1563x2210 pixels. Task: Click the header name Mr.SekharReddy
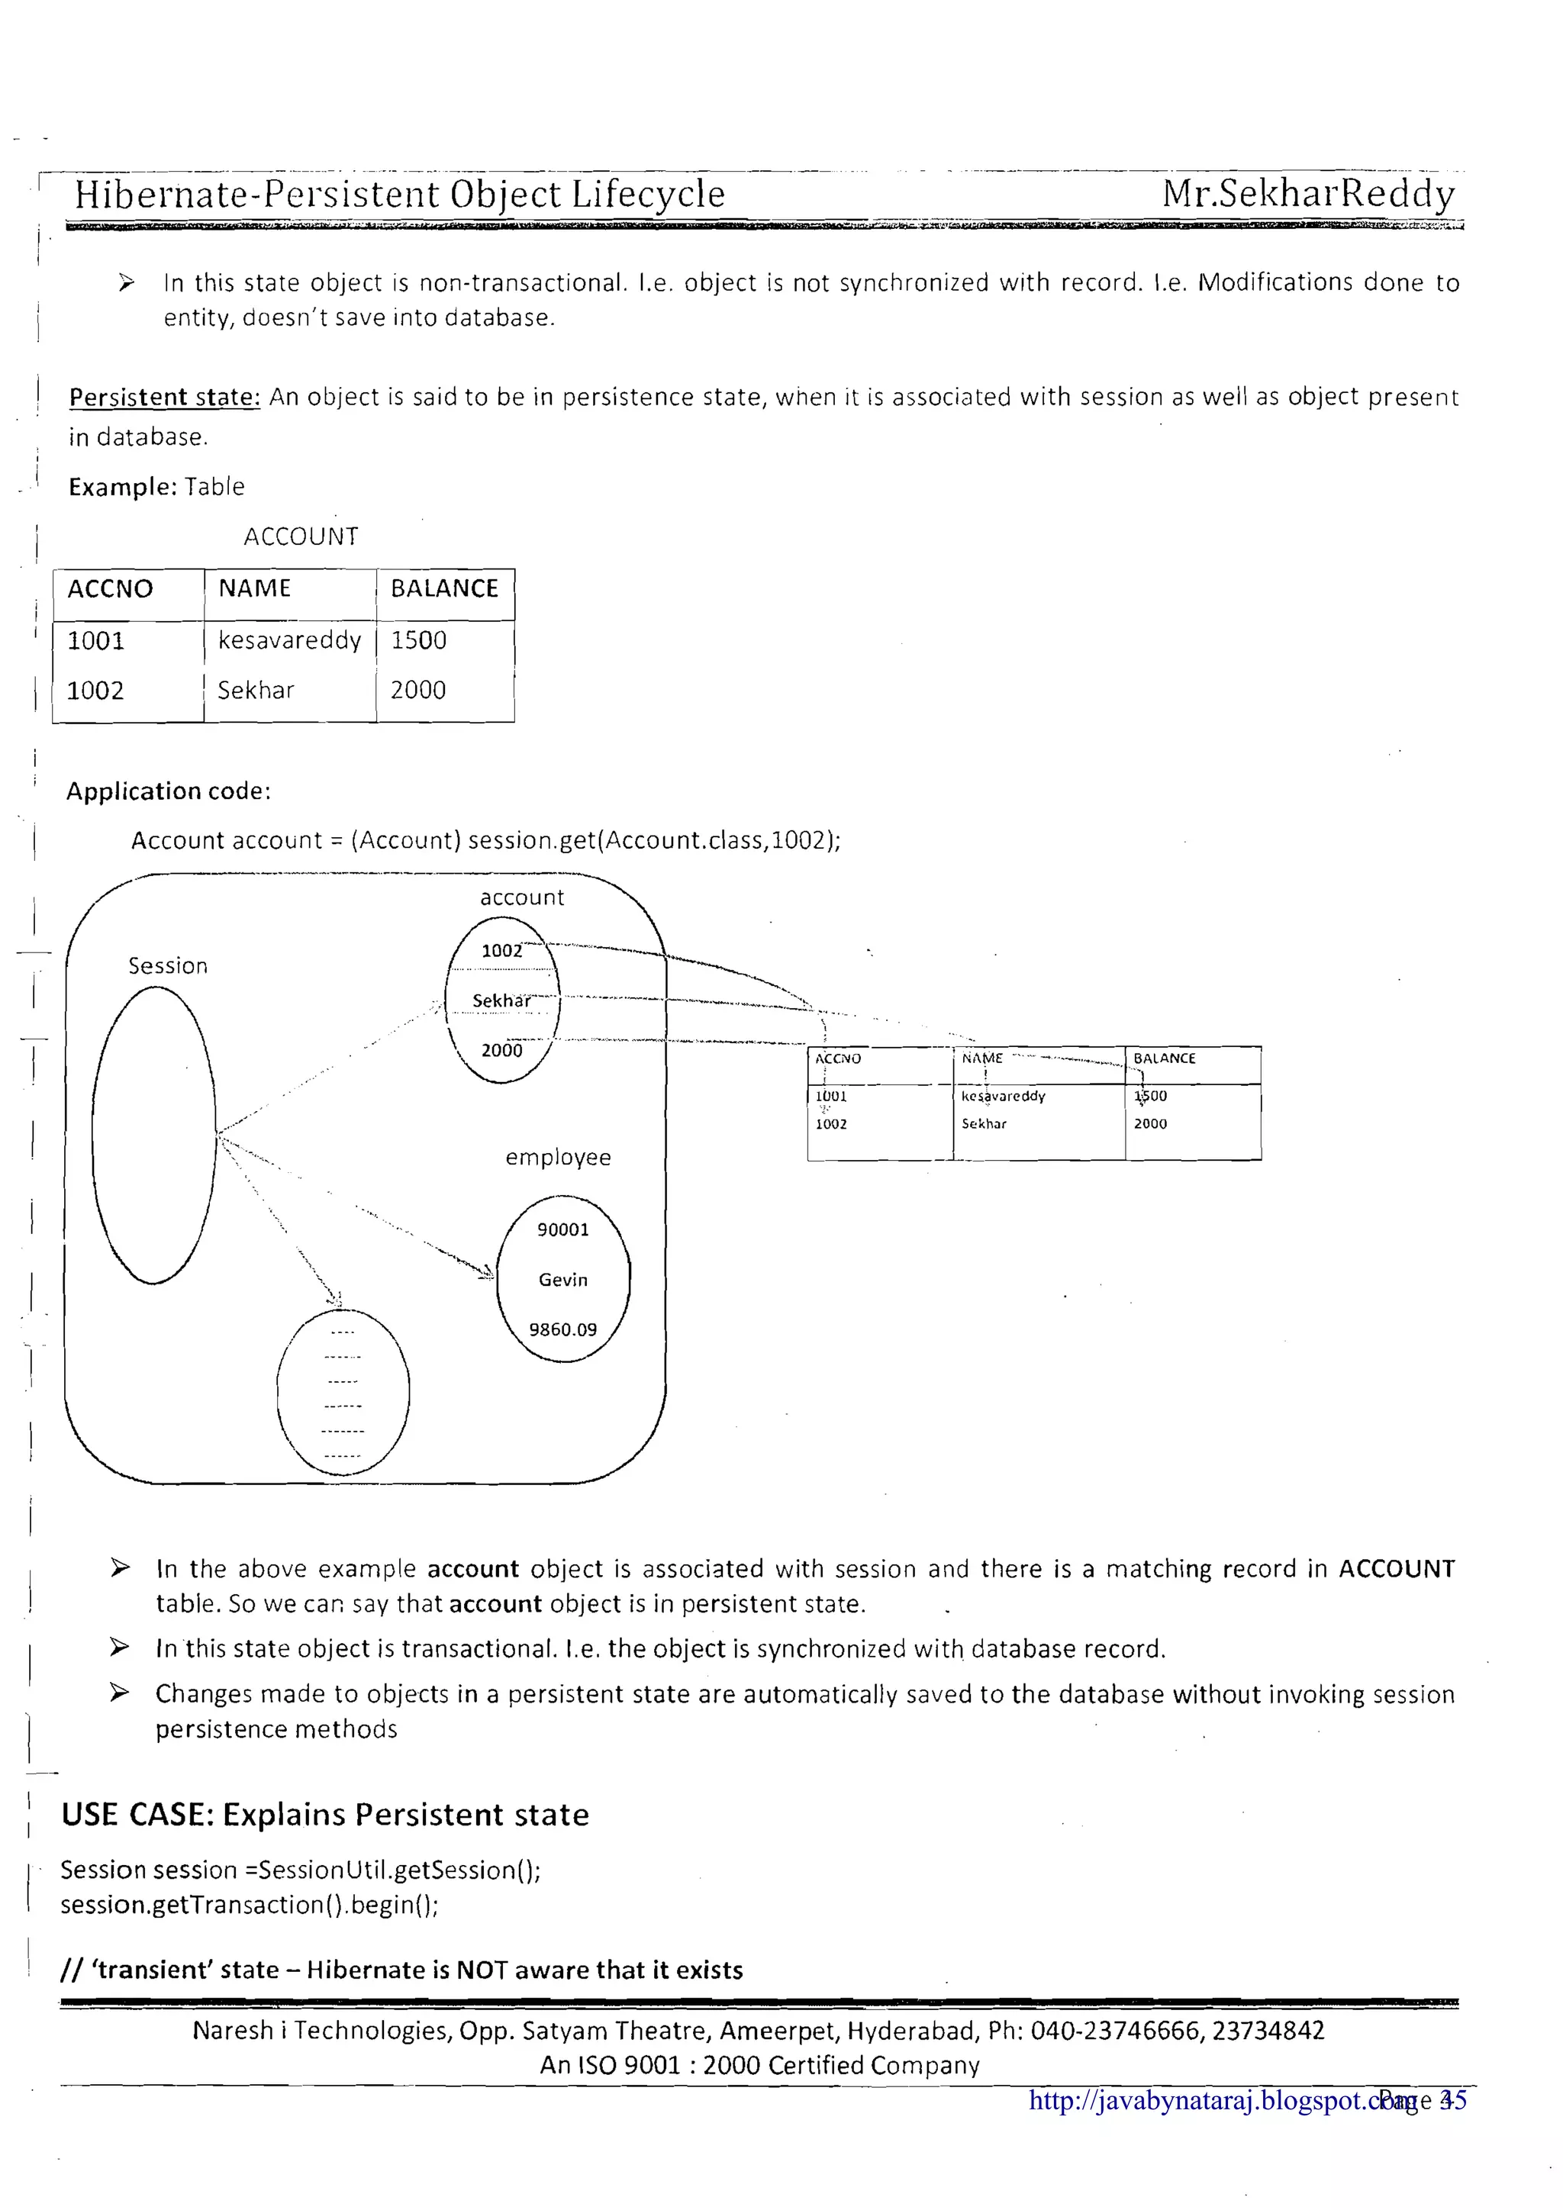1307,195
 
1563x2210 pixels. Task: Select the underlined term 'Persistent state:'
165,398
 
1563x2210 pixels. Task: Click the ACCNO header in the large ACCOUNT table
110,589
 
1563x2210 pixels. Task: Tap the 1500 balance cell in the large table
419,640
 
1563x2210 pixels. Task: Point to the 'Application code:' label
169,791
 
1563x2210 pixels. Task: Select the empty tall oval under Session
154,1136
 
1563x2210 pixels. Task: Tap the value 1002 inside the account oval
501,951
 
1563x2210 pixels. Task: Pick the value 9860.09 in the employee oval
563,1329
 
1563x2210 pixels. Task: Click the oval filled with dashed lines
343,1393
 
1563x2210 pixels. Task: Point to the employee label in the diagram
558,1157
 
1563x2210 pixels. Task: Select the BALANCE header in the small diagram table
1165,1058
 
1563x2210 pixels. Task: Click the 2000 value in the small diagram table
1150,1123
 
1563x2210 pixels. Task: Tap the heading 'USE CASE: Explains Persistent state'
325,1815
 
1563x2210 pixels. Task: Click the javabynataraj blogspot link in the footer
1208,2100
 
